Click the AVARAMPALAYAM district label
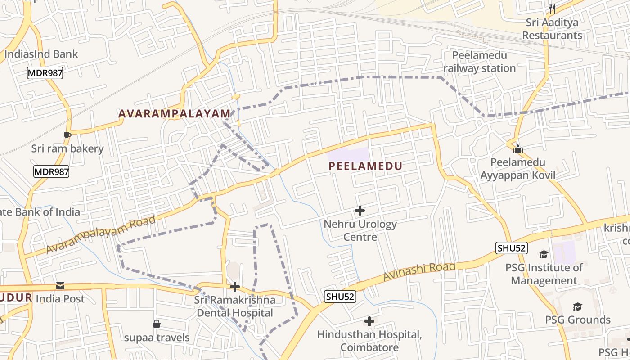click(174, 114)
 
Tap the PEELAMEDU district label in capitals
click(365, 166)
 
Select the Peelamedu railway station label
click(480, 62)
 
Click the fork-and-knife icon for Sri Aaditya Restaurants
click(552, 9)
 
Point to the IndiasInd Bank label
click(41, 54)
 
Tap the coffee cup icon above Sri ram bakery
click(67, 135)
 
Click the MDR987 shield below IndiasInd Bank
click(45, 73)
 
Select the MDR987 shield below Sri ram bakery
click(51, 171)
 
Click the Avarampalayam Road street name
click(101, 234)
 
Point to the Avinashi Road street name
click(419, 272)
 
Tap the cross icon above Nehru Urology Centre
click(360, 210)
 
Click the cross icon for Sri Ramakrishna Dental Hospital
click(234, 287)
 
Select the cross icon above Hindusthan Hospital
click(369, 321)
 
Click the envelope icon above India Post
click(60, 286)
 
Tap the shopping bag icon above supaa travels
click(157, 324)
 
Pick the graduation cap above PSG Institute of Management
click(544, 254)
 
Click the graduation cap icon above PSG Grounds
click(577, 306)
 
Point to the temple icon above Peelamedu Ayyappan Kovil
click(518, 148)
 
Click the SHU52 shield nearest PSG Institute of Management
click(512, 248)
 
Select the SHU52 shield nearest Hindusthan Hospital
click(340, 297)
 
